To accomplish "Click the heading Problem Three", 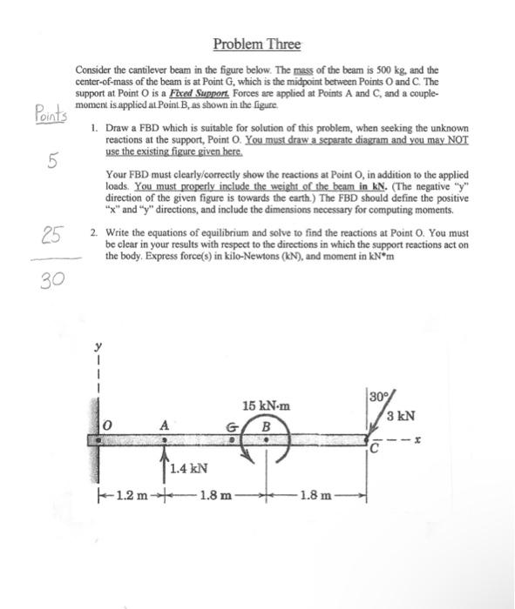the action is pyautogui.click(x=257, y=43).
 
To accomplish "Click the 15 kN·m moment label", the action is pyautogui.click(x=267, y=405).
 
